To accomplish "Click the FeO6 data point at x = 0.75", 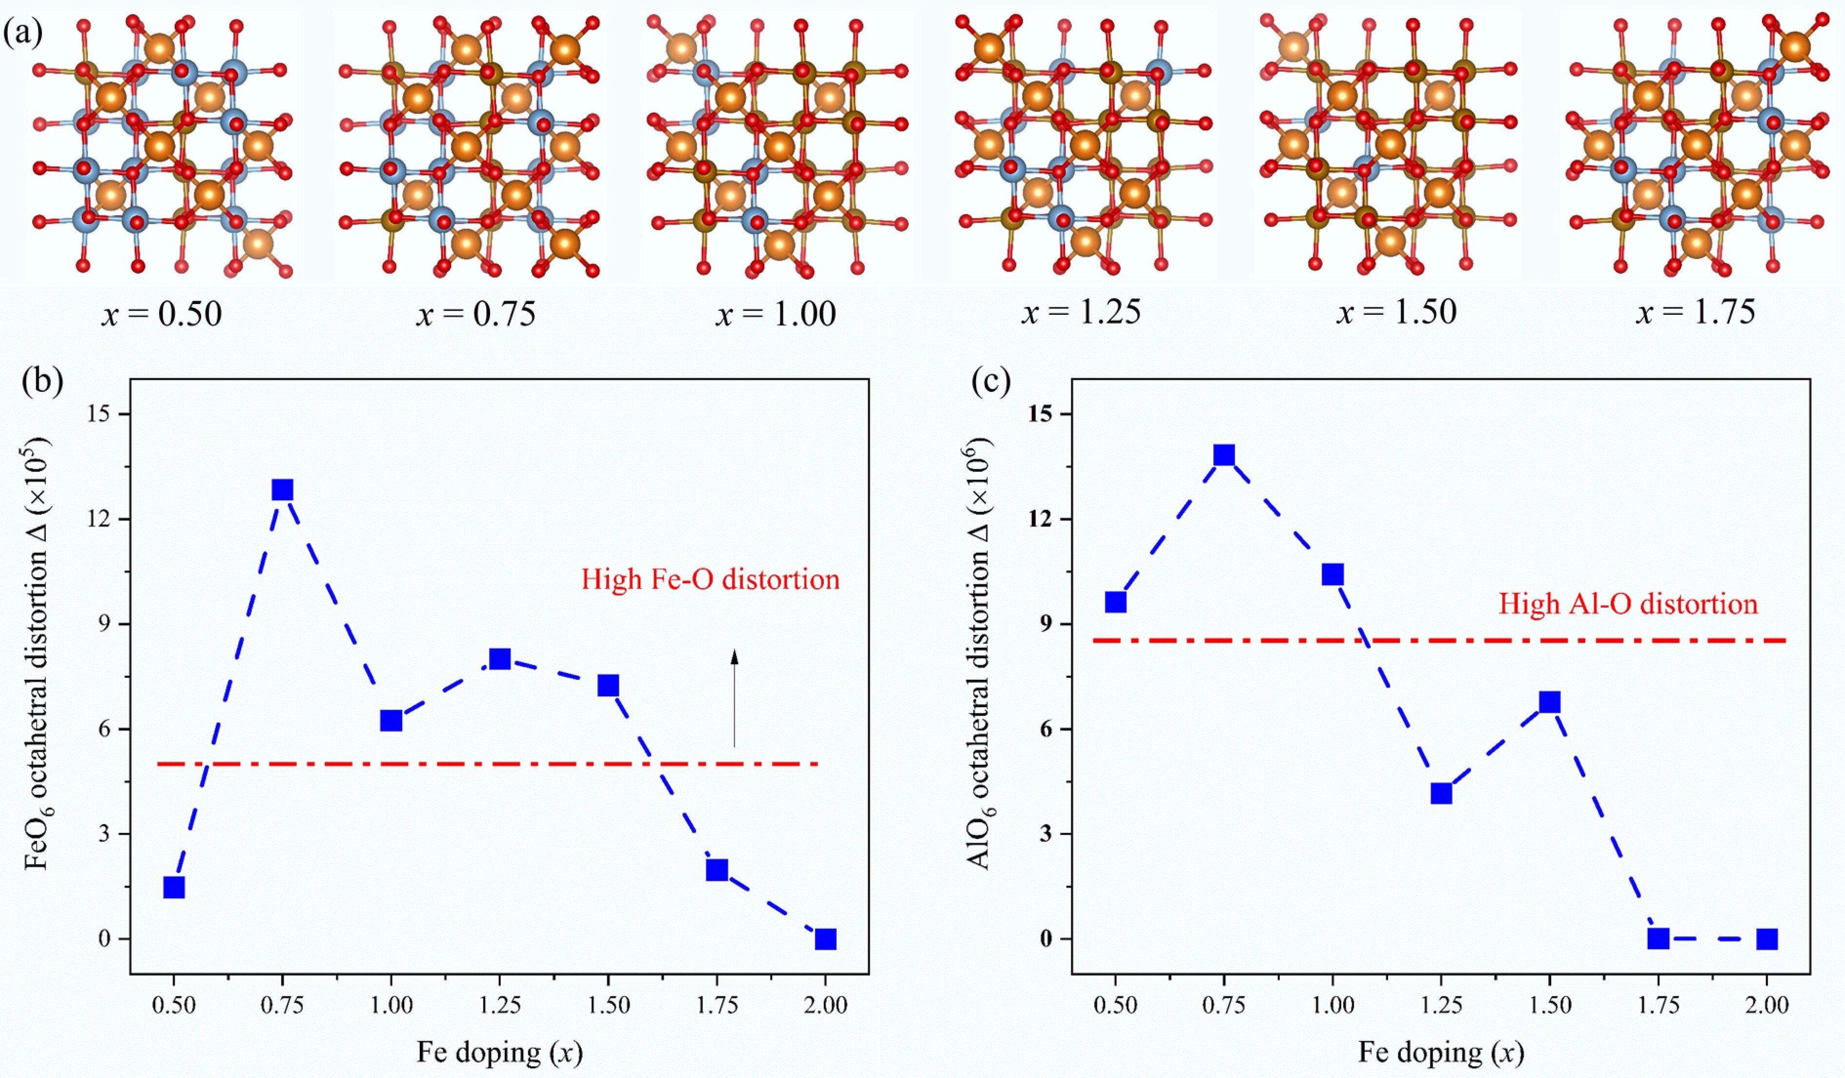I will (x=283, y=489).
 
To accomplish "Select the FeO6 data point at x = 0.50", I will (x=174, y=888).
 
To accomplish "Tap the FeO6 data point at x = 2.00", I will (x=825, y=939).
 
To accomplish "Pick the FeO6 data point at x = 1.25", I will (x=500, y=659).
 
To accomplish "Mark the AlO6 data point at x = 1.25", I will (x=1441, y=793).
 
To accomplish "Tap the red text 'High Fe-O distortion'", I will (x=710, y=580).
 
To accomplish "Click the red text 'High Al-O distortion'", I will (x=1627, y=604).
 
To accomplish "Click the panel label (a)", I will (x=22, y=33).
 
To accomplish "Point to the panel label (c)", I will (x=991, y=381).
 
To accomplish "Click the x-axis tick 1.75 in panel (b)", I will (x=717, y=1006).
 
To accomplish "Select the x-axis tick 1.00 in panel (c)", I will (x=1332, y=1006).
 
